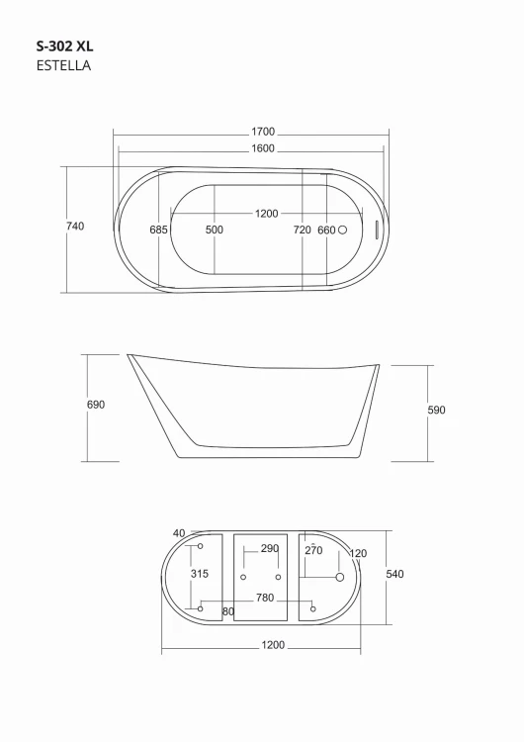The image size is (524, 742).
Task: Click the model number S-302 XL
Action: (65, 46)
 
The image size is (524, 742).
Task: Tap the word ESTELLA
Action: (63, 65)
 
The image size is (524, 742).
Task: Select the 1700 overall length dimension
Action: (263, 132)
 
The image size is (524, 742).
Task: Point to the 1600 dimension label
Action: (263, 148)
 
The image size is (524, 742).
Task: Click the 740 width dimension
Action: (75, 227)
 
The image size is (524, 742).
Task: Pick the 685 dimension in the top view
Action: (158, 230)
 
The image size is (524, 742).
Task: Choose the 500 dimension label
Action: (215, 230)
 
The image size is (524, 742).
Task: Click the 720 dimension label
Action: (303, 230)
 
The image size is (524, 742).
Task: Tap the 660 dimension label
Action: (327, 230)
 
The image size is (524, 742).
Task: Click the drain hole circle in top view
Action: (342, 230)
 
